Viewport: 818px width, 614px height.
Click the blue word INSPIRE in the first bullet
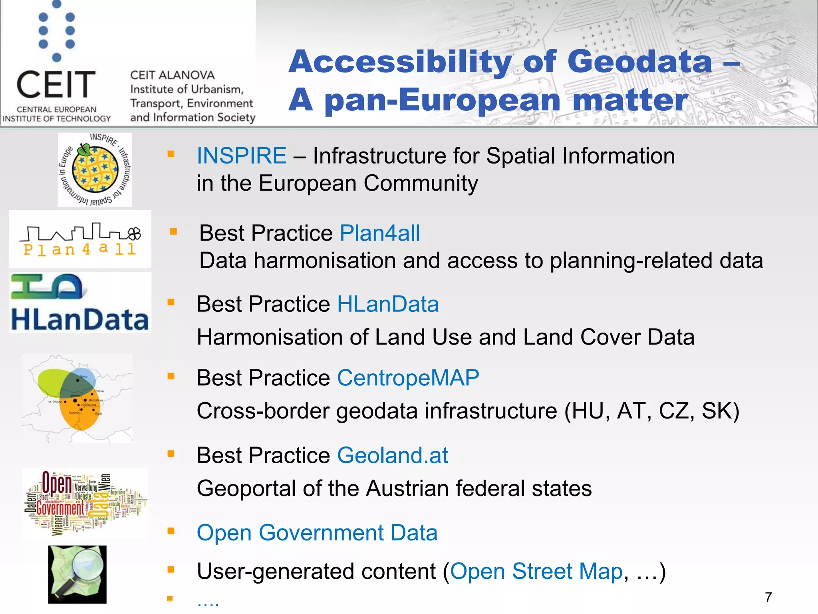pos(241,155)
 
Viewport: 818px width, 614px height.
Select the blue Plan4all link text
pos(379,233)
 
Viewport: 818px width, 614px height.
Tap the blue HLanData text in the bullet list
pos(388,304)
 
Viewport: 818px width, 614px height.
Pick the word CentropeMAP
pos(408,378)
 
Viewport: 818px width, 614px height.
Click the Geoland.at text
pos(392,455)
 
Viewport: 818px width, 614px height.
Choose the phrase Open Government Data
pos(317,533)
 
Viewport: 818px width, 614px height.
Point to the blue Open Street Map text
pos(536,571)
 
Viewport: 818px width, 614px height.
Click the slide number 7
pos(768,597)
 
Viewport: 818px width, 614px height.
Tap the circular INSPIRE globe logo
pos(95,170)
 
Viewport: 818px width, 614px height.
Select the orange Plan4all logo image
pos(80,239)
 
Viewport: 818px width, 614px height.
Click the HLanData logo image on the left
pos(80,303)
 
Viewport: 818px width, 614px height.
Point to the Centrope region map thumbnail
pos(77,398)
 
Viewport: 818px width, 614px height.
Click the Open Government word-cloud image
pos(85,502)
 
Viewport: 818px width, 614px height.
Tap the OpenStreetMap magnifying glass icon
pos(77,574)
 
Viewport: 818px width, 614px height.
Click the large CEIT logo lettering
pos(56,85)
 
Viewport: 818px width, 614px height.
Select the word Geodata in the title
pos(639,62)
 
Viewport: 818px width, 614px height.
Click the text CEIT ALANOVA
pos(173,75)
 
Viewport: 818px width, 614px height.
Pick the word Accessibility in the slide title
pos(400,62)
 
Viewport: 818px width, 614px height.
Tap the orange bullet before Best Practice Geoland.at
pos(171,454)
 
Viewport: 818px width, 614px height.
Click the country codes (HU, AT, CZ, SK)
pos(651,411)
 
